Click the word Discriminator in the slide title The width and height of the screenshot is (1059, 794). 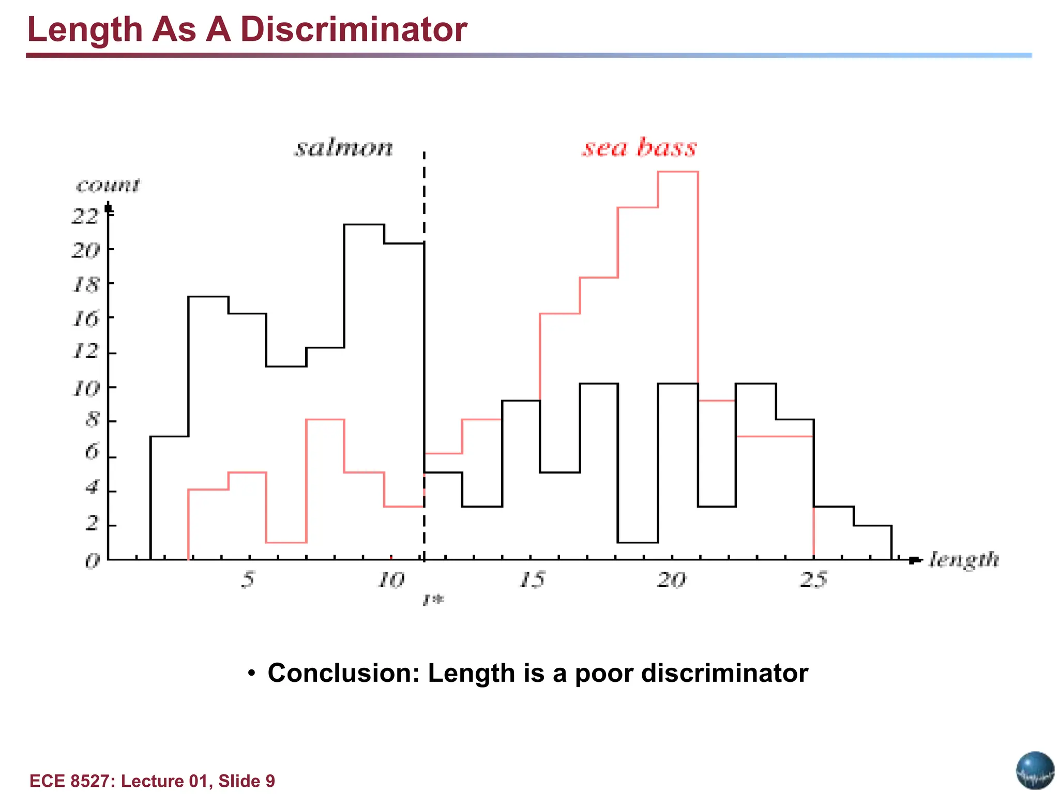[x=353, y=29]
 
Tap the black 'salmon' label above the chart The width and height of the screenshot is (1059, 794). [x=344, y=148]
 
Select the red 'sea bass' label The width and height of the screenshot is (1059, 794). [x=640, y=147]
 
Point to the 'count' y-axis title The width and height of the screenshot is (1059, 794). [x=108, y=185]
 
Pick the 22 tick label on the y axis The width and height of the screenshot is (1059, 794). [x=85, y=215]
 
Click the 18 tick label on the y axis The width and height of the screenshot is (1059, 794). [x=85, y=284]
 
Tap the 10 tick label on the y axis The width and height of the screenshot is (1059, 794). [x=85, y=388]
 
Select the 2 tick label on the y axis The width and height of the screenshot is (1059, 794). [x=92, y=524]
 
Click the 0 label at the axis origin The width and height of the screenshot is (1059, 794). [x=92, y=560]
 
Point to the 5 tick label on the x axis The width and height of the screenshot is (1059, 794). [x=248, y=579]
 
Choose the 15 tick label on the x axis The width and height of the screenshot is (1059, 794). [x=532, y=579]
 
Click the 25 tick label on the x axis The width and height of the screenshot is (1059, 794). [x=814, y=579]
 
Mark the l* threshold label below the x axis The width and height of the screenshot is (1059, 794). [x=433, y=600]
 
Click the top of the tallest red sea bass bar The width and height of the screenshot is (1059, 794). [x=678, y=172]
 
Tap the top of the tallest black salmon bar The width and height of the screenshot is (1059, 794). [x=364, y=225]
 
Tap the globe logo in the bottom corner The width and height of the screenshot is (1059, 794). [x=1035, y=770]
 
